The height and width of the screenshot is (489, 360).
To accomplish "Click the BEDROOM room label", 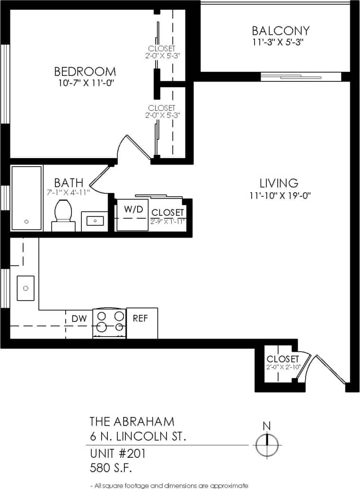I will (85, 71).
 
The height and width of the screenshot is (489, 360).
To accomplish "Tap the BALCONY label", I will (281, 31).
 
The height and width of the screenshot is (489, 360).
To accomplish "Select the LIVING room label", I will (279, 183).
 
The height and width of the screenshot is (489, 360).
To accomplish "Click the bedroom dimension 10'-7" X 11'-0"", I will (85, 83).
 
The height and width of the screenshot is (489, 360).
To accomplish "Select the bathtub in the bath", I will (26, 198).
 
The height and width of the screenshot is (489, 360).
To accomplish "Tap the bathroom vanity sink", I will (95, 221).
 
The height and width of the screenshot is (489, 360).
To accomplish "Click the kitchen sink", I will (26, 288).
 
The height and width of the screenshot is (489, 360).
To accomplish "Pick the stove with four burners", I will (110, 323).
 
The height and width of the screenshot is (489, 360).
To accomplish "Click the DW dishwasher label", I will (79, 319).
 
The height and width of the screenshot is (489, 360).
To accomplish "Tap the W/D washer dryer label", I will (133, 209).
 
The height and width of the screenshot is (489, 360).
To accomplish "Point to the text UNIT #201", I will (117, 453).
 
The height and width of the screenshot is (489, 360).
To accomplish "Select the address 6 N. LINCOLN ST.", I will (138, 437).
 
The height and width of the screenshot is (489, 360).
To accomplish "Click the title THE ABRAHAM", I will (132, 421).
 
